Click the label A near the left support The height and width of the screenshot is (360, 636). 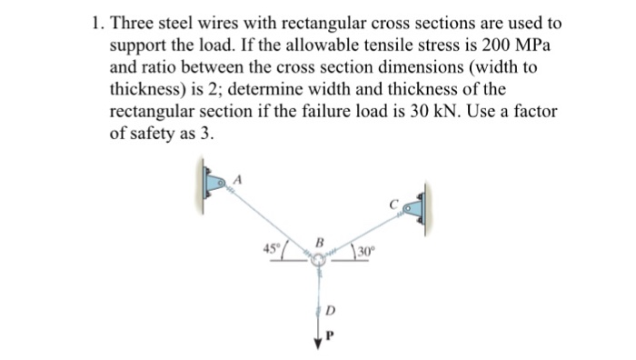coord(240,178)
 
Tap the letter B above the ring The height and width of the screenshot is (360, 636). coord(318,243)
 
